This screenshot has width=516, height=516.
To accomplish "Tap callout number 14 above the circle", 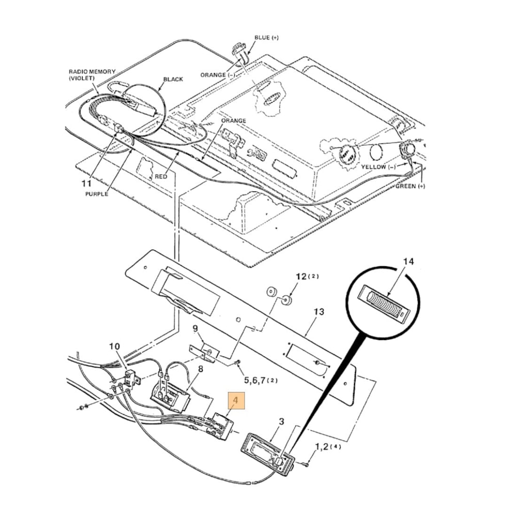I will (x=408, y=262).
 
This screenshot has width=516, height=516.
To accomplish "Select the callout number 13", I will (x=319, y=312).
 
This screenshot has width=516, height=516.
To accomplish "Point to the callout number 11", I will (x=87, y=183).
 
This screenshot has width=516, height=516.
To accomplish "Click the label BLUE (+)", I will (x=266, y=38).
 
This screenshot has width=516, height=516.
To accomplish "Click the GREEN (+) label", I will (x=410, y=186).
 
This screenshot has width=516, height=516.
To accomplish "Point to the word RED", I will (x=161, y=176).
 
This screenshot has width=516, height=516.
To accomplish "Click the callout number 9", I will (x=195, y=328).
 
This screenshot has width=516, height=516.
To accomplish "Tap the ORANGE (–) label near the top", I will (x=220, y=75).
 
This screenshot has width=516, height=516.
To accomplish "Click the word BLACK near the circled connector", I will (x=173, y=79).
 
